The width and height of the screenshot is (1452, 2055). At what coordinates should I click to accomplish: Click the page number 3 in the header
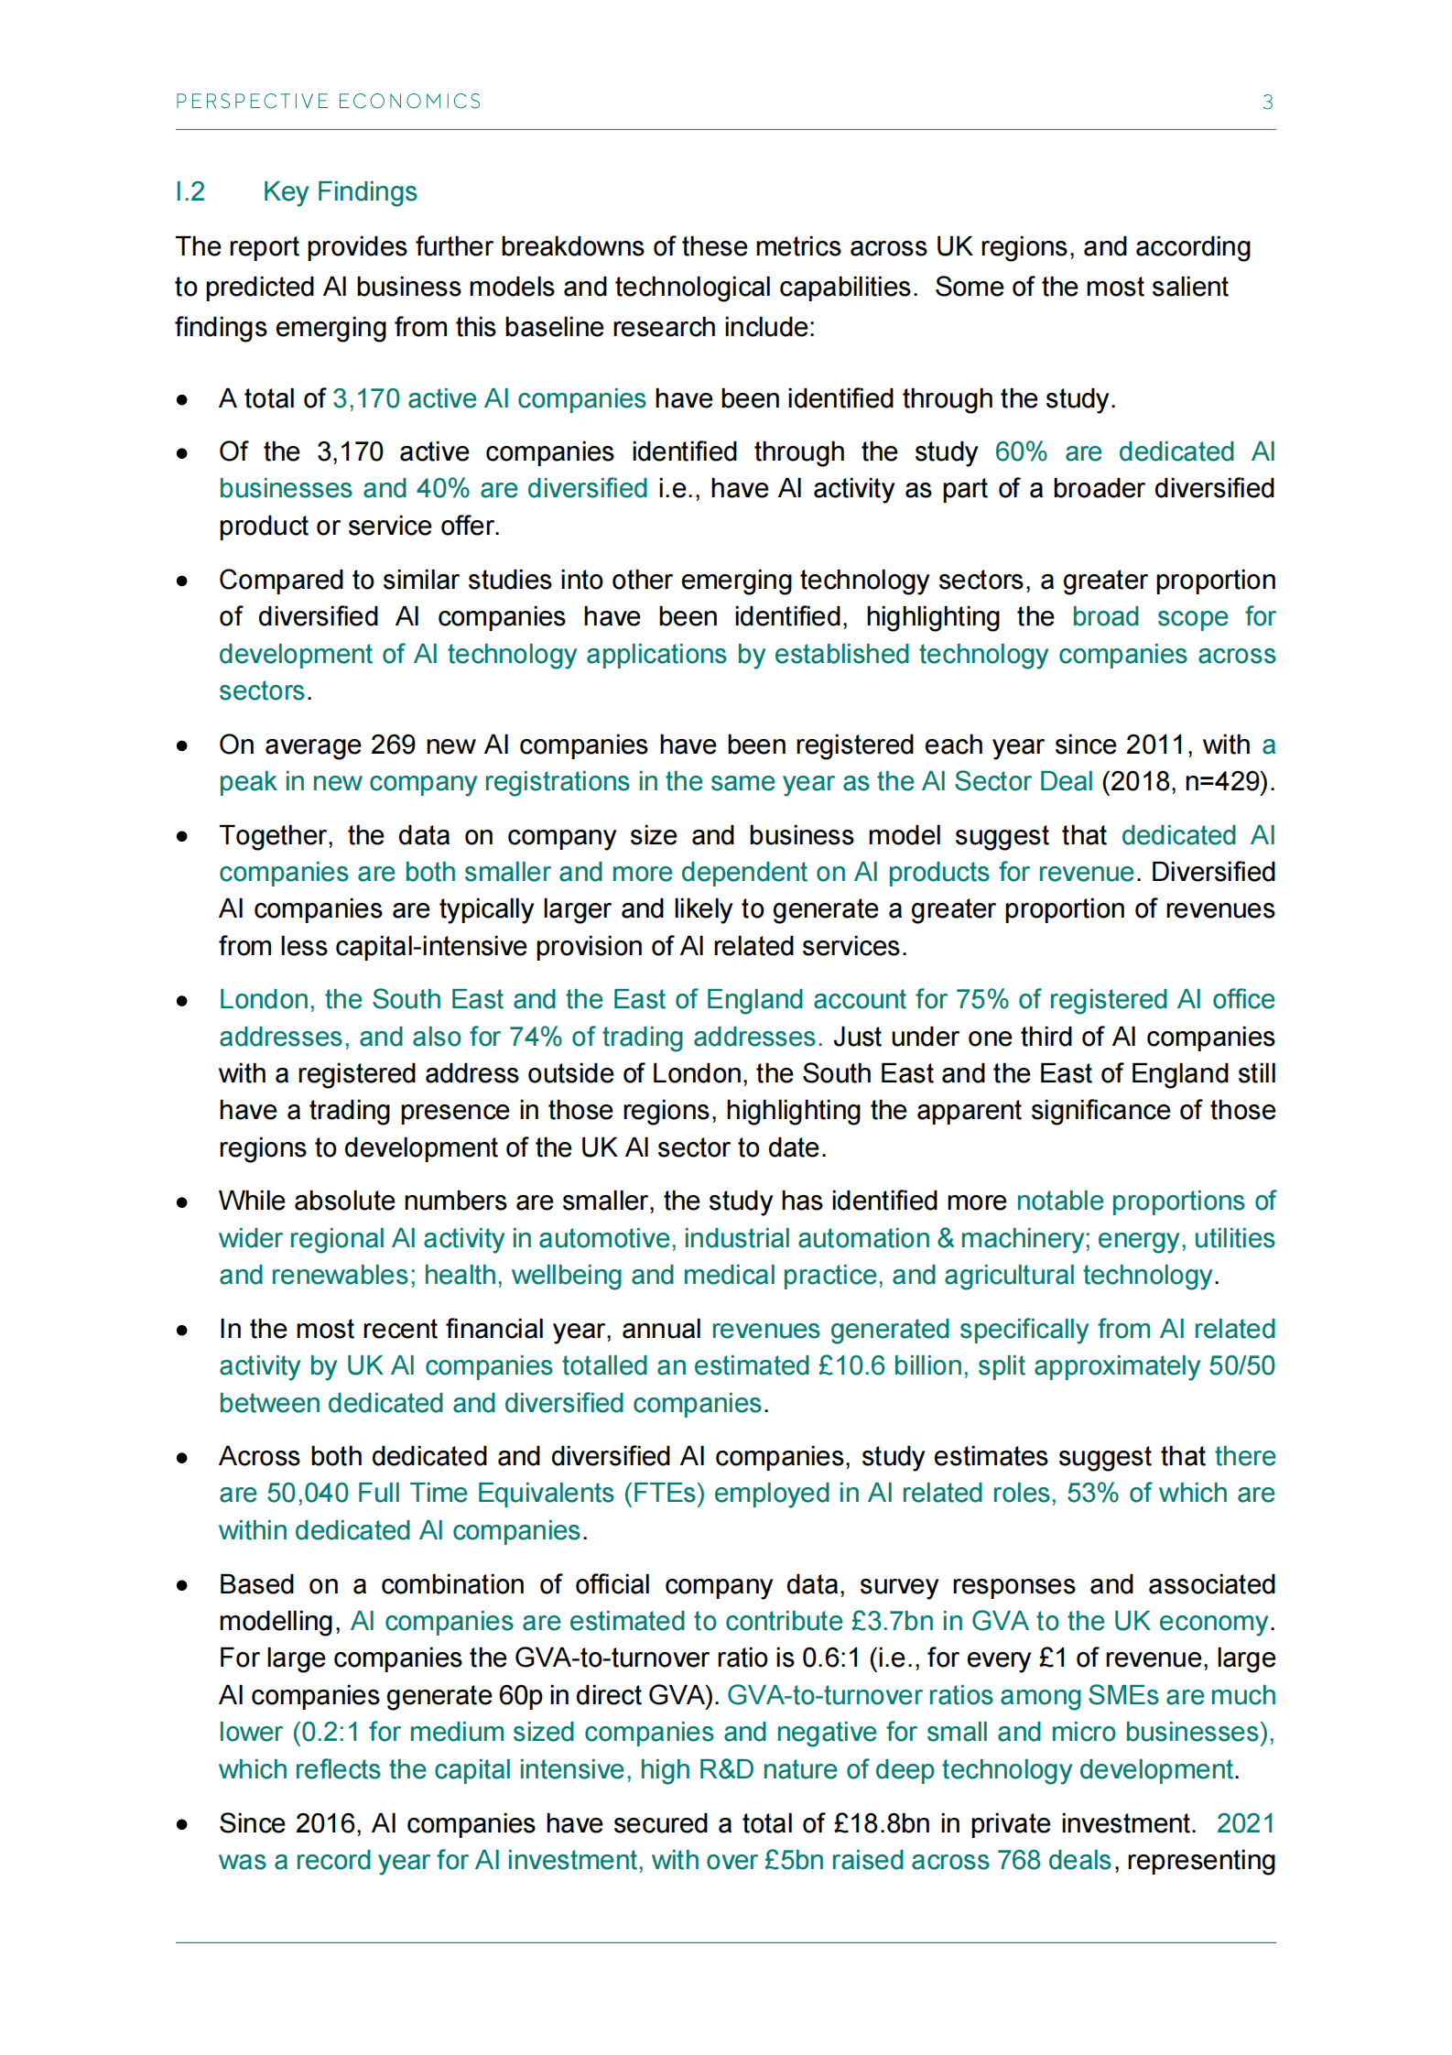click(1267, 102)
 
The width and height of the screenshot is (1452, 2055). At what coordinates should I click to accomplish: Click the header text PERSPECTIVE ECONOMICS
click(328, 101)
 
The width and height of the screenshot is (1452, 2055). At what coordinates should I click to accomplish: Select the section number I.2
click(190, 191)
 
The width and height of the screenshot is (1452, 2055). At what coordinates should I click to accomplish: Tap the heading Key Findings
click(340, 191)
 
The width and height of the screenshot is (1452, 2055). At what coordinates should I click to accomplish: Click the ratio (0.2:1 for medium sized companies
click(326, 1732)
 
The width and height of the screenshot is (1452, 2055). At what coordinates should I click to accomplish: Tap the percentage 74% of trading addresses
click(536, 1037)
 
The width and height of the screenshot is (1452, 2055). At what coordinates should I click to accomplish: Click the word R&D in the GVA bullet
click(726, 1769)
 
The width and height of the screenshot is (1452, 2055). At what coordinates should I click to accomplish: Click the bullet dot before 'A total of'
click(183, 400)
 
